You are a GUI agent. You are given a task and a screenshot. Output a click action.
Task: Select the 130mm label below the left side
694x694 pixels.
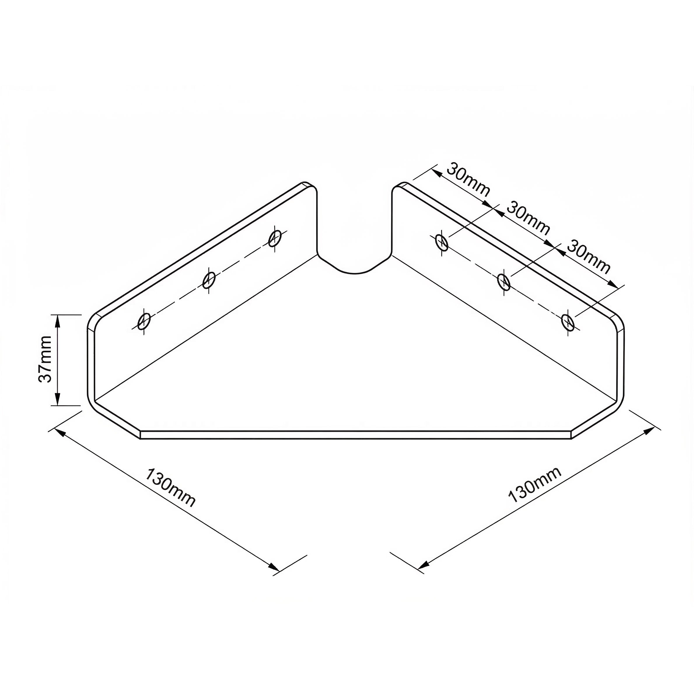click(170, 488)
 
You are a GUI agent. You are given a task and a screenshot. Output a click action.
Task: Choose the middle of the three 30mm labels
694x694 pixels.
click(528, 219)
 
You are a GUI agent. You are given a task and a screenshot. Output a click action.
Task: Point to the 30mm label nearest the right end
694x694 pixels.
click(588, 257)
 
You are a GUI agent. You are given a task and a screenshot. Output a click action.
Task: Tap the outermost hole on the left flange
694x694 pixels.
click(144, 321)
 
